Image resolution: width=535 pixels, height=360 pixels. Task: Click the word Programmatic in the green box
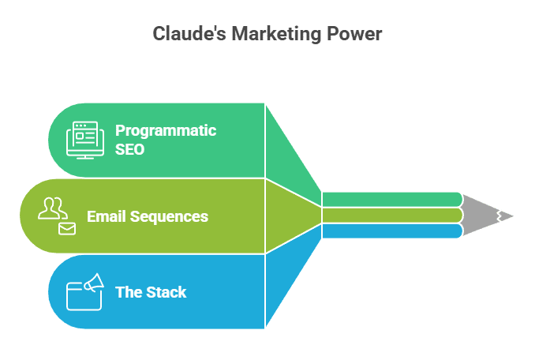point(166,130)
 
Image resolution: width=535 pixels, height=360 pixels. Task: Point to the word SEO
point(130,148)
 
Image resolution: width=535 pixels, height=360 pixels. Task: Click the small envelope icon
point(67,229)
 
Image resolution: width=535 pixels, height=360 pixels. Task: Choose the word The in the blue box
point(128,292)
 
